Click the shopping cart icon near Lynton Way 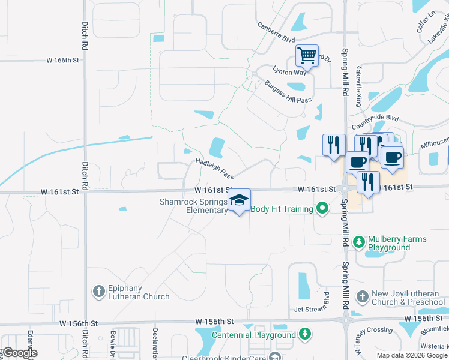click(307, 56)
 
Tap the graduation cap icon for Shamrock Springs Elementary click(239, 200)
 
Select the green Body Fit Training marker click(322, 209)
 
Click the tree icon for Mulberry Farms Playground click(359, 242)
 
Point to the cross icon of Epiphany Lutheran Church click(99, 292)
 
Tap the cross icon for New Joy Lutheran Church click(362, 297)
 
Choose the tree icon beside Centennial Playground click(305, 334)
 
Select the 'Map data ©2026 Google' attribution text click(412, 355)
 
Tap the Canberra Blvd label click(276, 32)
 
